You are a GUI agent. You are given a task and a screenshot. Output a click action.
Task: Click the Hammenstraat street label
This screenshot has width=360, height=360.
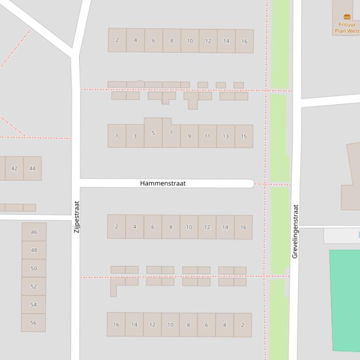pos(162,183)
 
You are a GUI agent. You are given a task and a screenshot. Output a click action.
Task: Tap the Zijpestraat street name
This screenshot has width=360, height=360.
pos(77,217)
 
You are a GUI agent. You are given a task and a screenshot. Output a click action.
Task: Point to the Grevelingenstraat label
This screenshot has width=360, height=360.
pos(295,231)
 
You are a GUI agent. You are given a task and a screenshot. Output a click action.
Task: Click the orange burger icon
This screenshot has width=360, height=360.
pos(347,17)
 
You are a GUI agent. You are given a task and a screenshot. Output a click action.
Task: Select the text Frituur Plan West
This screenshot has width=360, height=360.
pos(347,28)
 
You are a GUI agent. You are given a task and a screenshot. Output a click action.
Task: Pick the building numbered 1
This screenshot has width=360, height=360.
pos(117,136)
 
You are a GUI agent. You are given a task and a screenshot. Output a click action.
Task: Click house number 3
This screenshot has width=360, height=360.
pos(135,136)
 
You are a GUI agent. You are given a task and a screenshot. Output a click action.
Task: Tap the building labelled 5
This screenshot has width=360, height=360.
pos(153,133)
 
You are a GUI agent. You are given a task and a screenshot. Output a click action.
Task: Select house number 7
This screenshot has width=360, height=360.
pos(171,133)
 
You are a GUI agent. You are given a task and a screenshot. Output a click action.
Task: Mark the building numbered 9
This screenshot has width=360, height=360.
pos(189,136)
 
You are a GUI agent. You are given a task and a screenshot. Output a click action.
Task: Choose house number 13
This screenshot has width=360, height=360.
pos(226,136)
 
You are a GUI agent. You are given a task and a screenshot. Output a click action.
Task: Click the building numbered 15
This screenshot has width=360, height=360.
pos(244,136)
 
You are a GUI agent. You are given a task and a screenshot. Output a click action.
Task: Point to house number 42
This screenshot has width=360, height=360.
pos(14,168)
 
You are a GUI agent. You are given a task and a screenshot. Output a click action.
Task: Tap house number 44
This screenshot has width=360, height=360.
pos(32,168)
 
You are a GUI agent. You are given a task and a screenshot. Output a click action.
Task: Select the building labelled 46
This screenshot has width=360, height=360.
pos(34,232)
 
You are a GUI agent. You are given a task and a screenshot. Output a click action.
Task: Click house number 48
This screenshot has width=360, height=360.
pos(34,250)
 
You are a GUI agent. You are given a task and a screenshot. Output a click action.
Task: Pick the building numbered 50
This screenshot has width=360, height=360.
pos(34,268)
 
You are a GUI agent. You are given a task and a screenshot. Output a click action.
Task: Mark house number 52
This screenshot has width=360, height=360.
pos(34,287)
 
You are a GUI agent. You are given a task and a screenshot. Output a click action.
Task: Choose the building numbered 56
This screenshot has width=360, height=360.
pos(33,323)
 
